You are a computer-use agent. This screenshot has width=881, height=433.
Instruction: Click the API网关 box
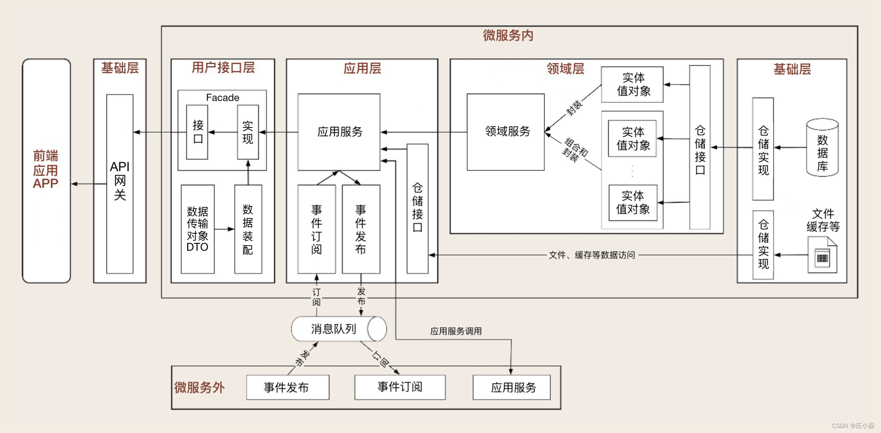[120, 184]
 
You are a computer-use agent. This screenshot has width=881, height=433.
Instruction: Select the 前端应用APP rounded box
[46, 170]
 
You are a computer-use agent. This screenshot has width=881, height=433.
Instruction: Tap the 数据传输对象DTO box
[197, 229]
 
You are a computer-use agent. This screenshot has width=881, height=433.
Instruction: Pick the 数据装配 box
[248, 229]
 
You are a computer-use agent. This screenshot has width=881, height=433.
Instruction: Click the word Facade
[222, 98]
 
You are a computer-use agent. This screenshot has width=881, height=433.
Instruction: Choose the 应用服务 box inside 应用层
[339, 132]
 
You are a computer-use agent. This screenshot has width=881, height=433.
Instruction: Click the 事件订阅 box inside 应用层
[317, 229]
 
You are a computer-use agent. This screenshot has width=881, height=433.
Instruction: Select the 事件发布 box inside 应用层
[361, 229]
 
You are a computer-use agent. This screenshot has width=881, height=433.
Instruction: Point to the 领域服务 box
[505, 132]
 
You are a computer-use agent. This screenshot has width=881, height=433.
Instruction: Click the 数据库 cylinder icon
[822, 148]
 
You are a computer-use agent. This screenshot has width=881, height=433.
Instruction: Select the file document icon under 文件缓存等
[822, 255]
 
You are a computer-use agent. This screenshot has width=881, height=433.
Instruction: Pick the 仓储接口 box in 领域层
[700, 147]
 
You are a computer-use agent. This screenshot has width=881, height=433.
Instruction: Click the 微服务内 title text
[508, 35]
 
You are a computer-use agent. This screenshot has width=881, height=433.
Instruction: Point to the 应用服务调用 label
[456, 331]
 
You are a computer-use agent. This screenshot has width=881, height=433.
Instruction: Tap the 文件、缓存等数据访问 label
[592, 255]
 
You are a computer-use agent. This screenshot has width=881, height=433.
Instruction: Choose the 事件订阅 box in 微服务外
[400, 387]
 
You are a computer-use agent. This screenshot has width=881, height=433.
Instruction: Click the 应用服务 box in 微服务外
[511, 387]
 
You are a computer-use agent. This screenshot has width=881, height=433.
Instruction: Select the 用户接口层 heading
[223, 68]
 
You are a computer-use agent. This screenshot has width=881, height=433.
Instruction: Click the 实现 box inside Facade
[248, 132]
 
